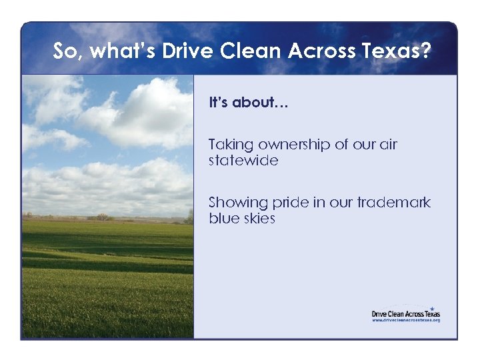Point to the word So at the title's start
65,51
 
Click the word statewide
243,161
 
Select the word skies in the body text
259,219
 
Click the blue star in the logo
431,308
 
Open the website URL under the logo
406,320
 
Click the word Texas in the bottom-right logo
433,313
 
